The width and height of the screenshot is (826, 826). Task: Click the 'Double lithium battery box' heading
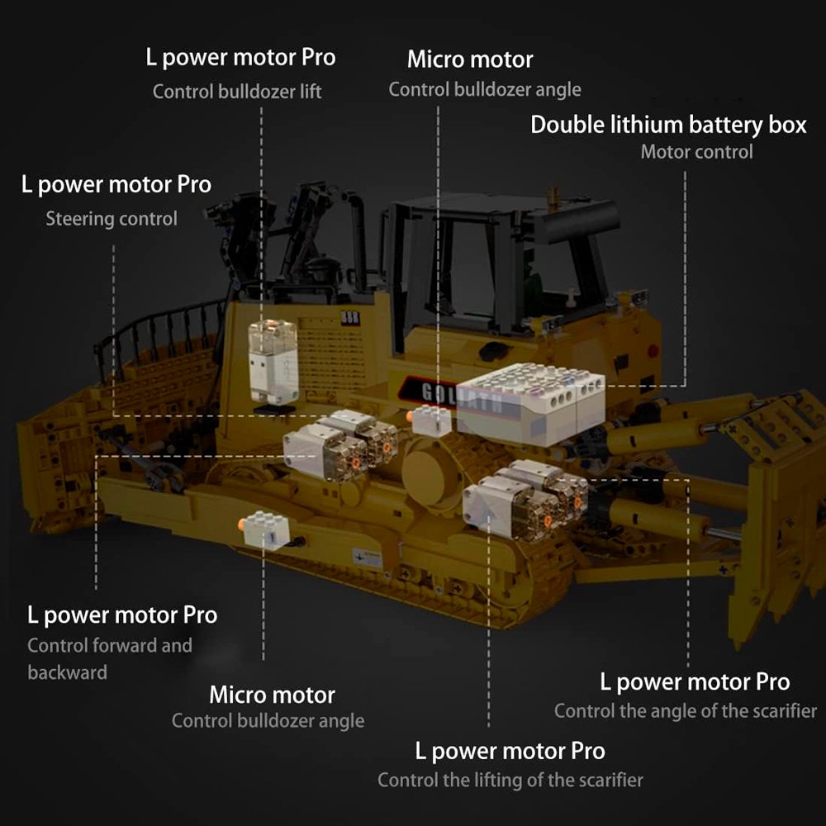[668, 126]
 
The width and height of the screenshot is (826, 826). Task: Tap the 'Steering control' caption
[112, 219]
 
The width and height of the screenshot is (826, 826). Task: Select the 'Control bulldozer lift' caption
[237, 92]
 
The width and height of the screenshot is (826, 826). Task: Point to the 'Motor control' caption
[696, 152]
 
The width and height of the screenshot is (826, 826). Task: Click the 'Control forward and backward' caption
[110, 658]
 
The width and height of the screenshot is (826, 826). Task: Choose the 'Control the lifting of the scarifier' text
[510, 780]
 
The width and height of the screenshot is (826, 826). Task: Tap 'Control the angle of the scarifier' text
[686, 710]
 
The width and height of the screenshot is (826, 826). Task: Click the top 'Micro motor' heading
[470, 59]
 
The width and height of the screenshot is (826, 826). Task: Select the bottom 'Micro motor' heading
[272, 695]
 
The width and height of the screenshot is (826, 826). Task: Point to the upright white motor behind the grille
[273, 362]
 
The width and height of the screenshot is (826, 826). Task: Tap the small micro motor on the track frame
[265, 529]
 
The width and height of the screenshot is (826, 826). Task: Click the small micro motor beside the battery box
[430, 420]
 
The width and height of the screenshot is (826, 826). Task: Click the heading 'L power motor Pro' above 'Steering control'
[116, 185]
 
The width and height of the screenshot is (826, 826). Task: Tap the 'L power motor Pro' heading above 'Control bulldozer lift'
[240, 58]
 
